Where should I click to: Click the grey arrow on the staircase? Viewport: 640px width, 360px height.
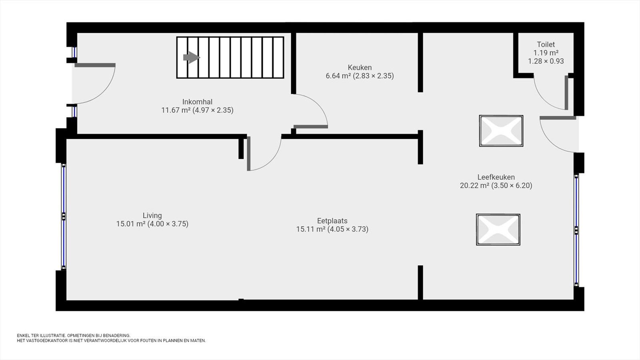tap(192, 58)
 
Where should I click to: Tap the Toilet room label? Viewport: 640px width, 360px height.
tap(546, 44)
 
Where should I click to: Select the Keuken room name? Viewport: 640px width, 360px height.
tap(360, 68)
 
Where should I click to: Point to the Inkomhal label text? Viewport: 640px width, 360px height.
tap(197, 102)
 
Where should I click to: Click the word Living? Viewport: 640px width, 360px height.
tap(152, 216)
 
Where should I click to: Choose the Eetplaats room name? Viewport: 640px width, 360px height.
tap(332, 221)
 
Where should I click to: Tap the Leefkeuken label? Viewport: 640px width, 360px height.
tap(496, 177)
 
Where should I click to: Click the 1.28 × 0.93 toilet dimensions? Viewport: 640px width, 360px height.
tap(546, 61)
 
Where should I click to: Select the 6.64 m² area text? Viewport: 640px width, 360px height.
tap(338, 76)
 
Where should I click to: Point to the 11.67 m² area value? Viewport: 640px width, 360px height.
tap(176, 110)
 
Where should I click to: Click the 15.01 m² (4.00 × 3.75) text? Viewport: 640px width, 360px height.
tap(152, 224)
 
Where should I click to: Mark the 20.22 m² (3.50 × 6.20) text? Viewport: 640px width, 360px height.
tap(496, 186)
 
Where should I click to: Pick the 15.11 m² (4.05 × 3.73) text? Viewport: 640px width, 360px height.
tap(332, 230)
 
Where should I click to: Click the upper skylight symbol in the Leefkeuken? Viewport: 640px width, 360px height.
tap(501, 131)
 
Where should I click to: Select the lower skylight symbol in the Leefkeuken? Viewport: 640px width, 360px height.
tap(498, 230)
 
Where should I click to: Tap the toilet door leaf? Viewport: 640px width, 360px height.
tap(566, 92)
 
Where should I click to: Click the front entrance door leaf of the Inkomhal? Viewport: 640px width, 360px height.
tap(95, 65)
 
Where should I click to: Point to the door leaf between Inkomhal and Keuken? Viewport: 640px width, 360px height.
tap(310, 126)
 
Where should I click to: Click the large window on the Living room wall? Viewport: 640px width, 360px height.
tap(64, 216)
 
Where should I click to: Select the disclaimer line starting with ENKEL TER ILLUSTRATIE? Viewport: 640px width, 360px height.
tap(74, 336)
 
